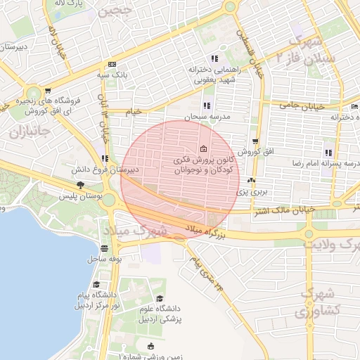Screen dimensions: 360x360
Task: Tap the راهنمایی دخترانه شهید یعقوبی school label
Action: [x=215, y=75]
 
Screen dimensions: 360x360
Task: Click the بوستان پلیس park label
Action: [x=90, y=198]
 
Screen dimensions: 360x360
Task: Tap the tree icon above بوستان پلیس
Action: [x=82, y=186]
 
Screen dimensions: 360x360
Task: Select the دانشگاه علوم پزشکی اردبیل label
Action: [x=163, y=314]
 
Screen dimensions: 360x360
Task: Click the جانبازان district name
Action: [x=27, y=131]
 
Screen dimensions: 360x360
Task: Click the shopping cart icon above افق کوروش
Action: [x=255, y=141]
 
